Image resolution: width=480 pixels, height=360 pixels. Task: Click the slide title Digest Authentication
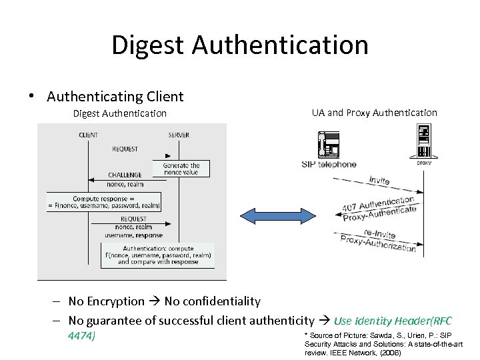[x=240, y=45]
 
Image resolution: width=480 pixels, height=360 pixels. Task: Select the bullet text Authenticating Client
[x=115, y=97]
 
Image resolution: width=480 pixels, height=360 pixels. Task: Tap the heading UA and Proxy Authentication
[x=374, y=113]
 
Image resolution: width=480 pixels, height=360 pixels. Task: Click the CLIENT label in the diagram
[x=88, y=135]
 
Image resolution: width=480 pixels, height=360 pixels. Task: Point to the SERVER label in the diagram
[x=179, y=135]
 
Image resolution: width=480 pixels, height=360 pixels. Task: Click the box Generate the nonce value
[x=181, y=169]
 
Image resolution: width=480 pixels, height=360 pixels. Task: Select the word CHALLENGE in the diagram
[x=125, y=175]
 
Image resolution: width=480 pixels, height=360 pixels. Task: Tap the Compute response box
[x=104, y=202]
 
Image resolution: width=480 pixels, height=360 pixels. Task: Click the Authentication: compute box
[x=158, y=255]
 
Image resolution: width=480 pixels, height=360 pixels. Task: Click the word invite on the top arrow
[x=378, y=180]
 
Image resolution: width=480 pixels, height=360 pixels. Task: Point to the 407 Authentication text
[x=378, y=203]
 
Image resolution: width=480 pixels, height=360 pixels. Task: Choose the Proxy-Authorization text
[x=378, y=243]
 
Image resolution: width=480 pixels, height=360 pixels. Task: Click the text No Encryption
[x=107, y=302]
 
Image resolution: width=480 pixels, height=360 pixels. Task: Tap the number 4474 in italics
[x=81, y=335]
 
